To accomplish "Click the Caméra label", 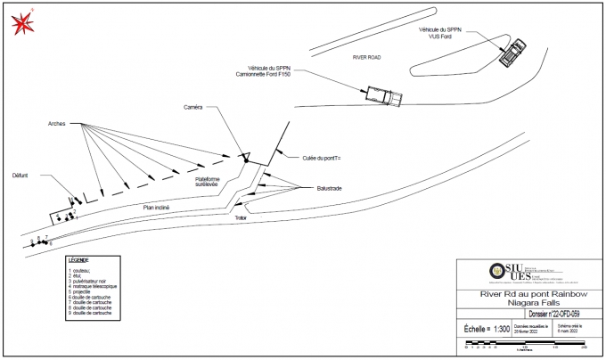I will click(x=193, y=107).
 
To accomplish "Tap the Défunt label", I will click(x=20, y=176).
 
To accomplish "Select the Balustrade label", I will click(x=329, y=189).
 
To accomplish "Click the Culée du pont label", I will click(x=323, y=158).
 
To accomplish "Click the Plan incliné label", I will click(x=156, y=208).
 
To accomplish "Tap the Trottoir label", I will click(x=240, y=217).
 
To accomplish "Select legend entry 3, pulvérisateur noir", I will click(x=94, y=281).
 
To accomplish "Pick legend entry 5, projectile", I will click(x=86, y=292).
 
